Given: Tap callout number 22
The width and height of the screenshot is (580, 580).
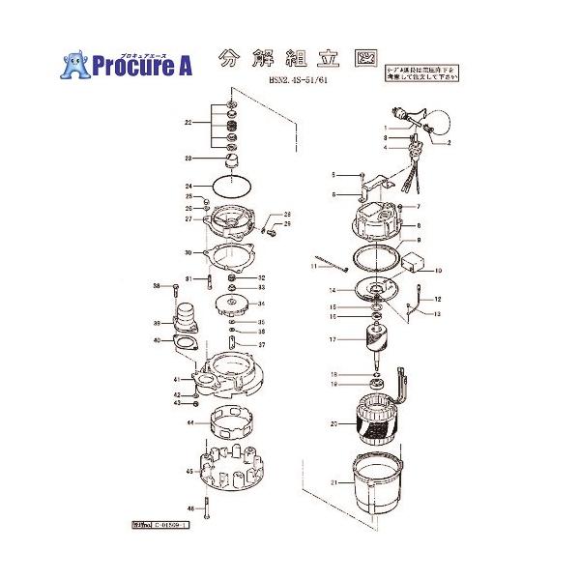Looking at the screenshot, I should tap(189, 124).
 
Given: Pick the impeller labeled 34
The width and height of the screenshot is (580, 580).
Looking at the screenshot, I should tap(234, 306).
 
